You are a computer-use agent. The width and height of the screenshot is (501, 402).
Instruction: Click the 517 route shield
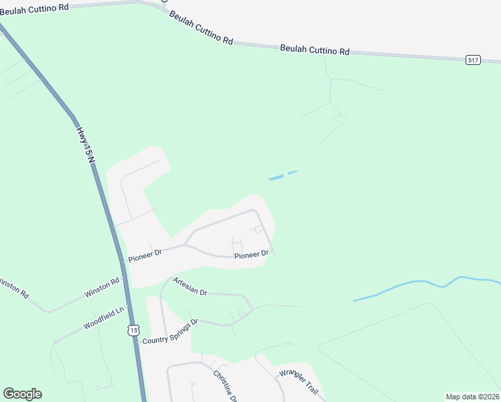474,60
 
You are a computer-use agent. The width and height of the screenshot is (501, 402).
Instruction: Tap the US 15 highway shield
135,330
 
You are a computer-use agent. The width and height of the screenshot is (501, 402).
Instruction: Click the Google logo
22,394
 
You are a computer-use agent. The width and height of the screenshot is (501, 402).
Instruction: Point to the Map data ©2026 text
472,397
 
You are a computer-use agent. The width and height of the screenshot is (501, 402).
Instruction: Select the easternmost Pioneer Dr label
251,254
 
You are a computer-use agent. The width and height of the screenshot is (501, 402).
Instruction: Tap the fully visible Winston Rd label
101,289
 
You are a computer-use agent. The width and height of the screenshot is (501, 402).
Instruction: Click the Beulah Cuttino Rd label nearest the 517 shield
315,50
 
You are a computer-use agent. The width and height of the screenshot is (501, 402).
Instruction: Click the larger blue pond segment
276,178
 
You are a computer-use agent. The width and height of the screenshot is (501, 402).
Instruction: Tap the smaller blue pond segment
293,172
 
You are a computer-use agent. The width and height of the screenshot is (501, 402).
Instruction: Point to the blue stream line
415,285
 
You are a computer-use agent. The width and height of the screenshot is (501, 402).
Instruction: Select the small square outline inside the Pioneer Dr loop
259,228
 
